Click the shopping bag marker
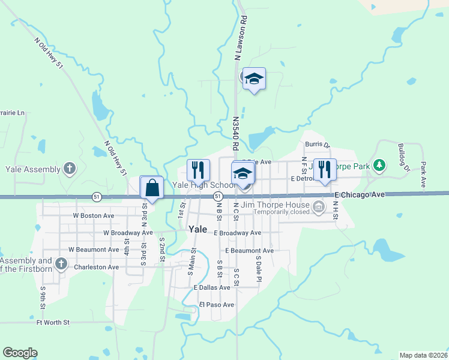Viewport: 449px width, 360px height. pyautogui.click(x=152, y=187)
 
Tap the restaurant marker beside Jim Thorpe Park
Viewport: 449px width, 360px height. pyautogui.click(x=325, y=170)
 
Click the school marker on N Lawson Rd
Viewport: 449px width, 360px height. pyautogui.click(x=254, y=79)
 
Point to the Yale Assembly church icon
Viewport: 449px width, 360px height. pyautogui.click(x=70, y=169)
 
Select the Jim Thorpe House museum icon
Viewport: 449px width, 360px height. pyautogui.click(x=319, y=208)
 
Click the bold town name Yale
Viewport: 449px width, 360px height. pyautogui.click(x=197, y=229)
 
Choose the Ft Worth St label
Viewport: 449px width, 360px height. pyautogui.click(x=53, y=322)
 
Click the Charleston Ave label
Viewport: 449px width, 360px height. pyautogui.click(x=96, y=267)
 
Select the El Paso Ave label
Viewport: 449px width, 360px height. pyautogui.click(x=217, y=305)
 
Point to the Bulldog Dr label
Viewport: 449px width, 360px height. pyautogui.click(x=403, y=157)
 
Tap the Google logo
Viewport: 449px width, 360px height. pyautogui.click(x=20, y=353)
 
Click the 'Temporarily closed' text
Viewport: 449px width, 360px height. pyautogui.click(x=281, y=212)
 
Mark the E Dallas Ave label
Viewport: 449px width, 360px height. pyautogui.click(x=212, y=287)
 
